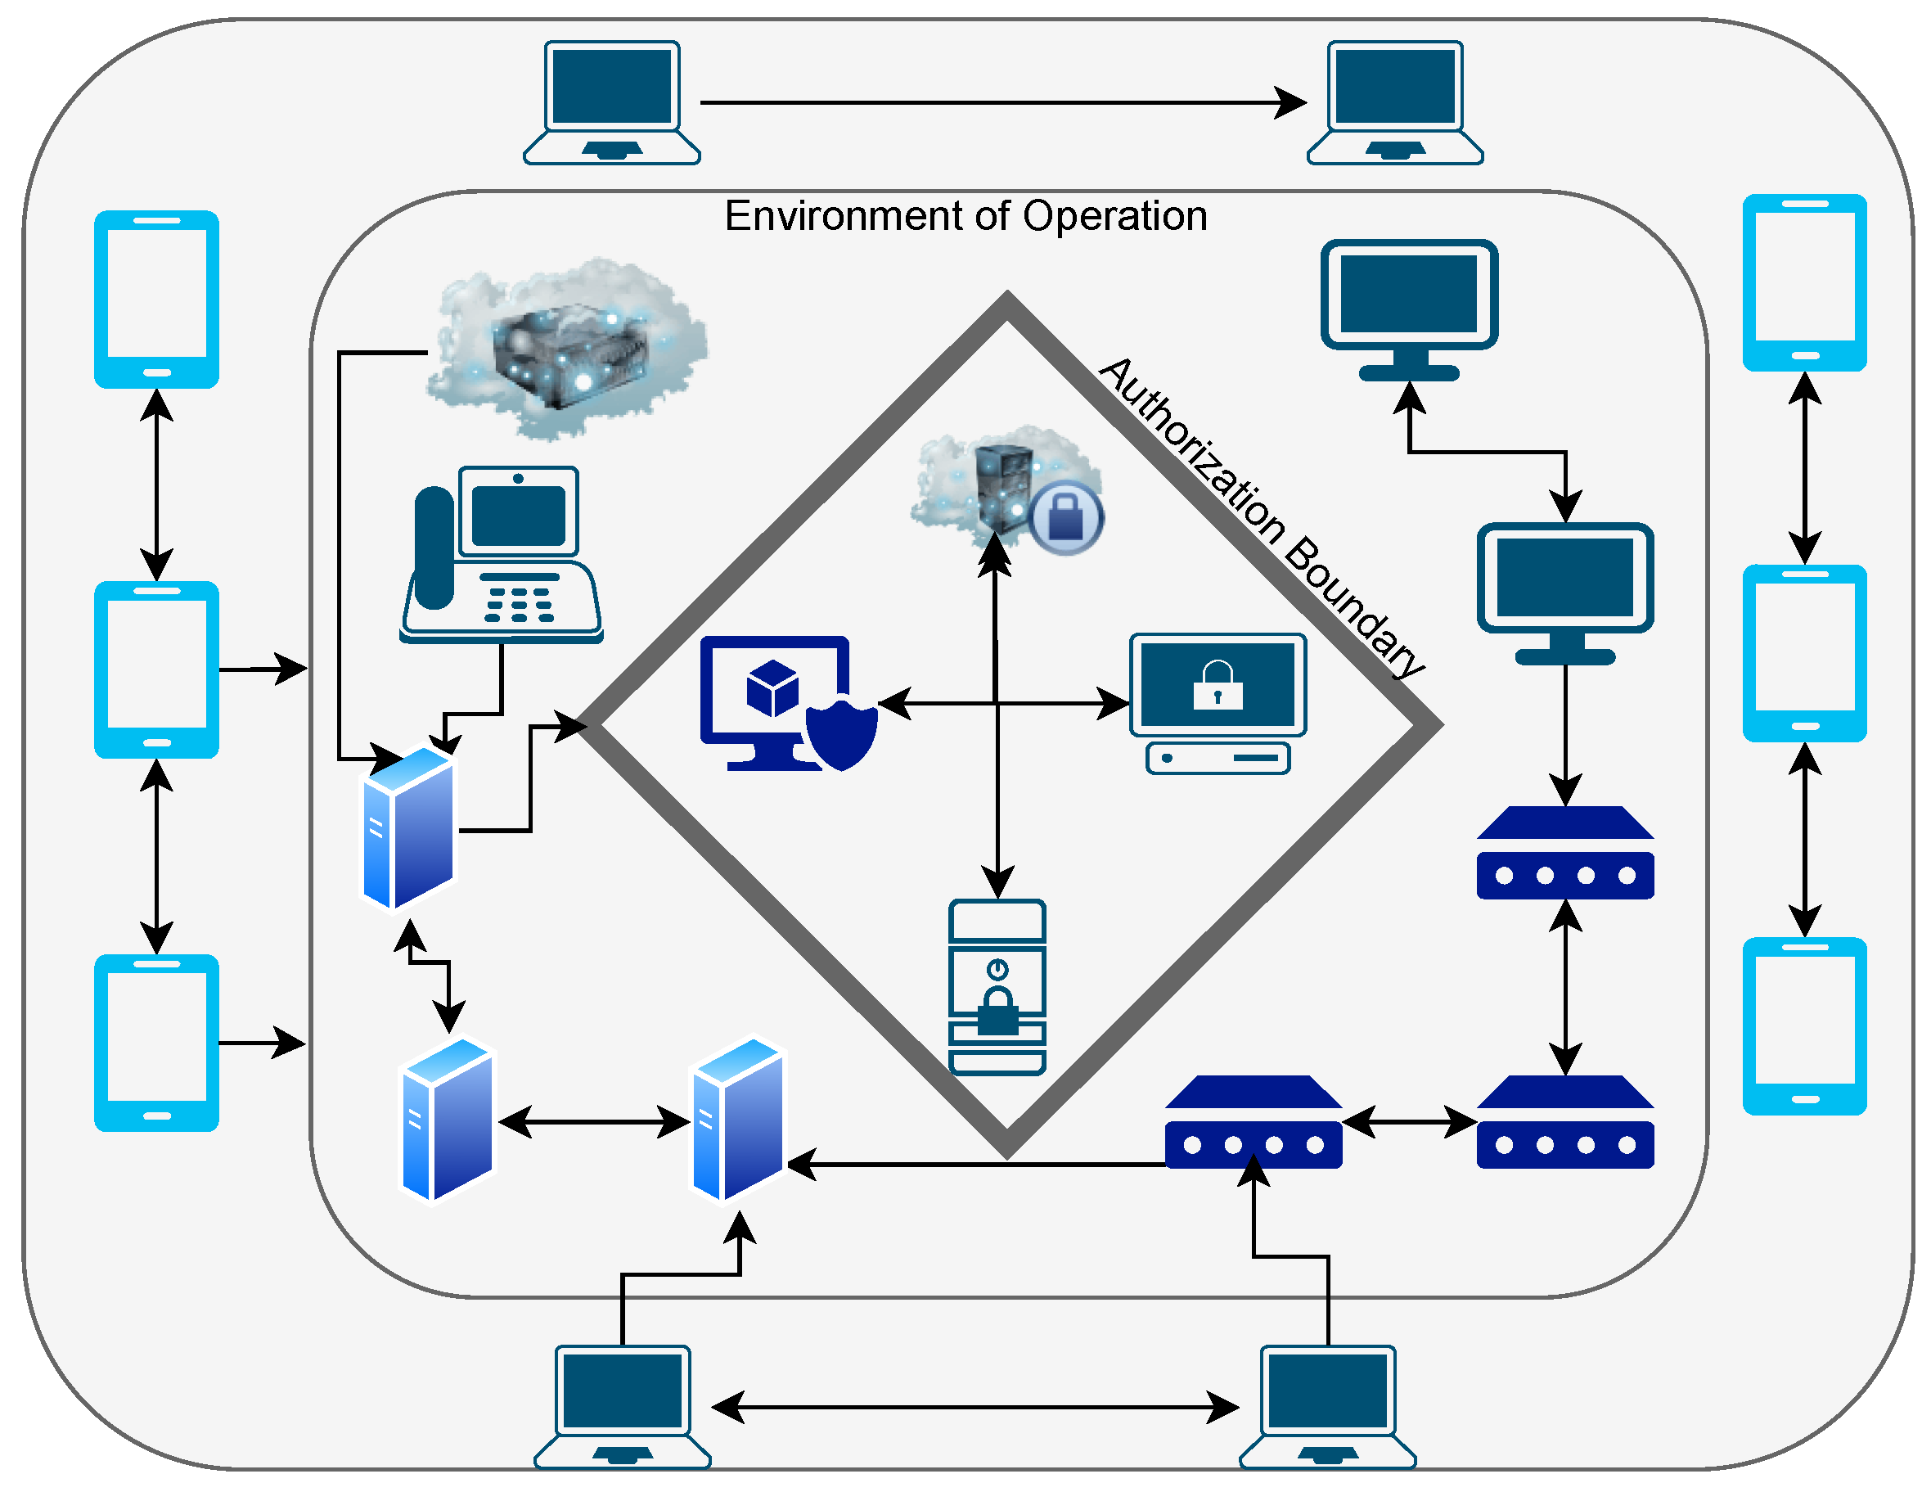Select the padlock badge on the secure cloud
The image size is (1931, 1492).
(1065, 517)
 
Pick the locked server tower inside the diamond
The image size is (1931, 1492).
(997, 987)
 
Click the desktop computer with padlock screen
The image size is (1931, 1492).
(1218, 703)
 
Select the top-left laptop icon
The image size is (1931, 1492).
(612, 102)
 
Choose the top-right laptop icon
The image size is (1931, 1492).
(1395, 102)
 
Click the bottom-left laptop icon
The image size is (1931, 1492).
(623, 1406)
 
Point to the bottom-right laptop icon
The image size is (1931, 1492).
(1327, 1406)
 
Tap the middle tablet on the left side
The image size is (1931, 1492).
(156, 669)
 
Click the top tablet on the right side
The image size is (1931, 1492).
(1804, 282)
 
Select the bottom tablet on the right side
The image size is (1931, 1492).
(1804, 1026)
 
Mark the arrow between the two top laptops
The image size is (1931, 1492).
(1002, 102)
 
